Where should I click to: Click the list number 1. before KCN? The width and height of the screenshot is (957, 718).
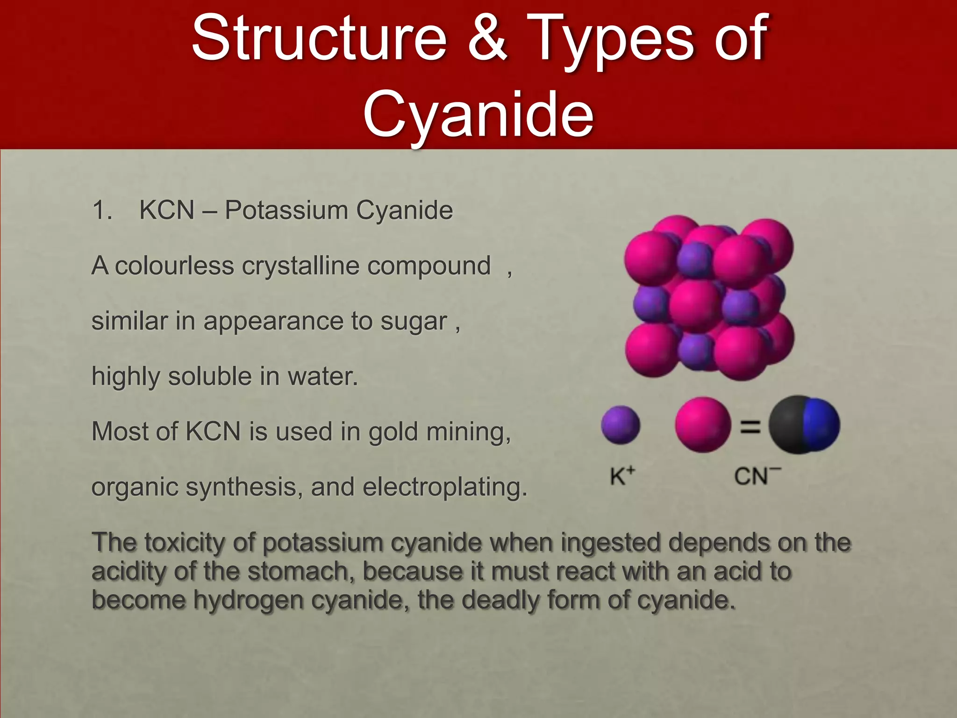pyautogui.click(x=102, y=210)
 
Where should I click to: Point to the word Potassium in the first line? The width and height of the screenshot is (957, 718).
pyautogui.click(x=286, y=210)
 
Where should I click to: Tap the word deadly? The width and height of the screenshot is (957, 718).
pyautogui.click(x=500, y=600)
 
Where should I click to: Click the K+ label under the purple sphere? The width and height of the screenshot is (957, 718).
pyautogui.click(x=623, y=476)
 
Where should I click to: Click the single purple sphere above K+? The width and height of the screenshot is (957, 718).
pyautogui.click(x=620, y=425)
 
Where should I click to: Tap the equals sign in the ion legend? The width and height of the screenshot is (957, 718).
pyautogui.click(x=750, y=426)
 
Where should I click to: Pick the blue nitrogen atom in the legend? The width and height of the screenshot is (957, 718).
pyautogui.click(x=821, y=424)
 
